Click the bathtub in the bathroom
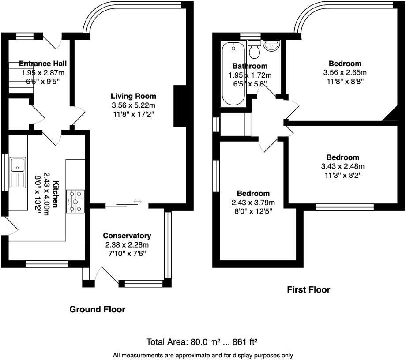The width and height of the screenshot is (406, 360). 233,74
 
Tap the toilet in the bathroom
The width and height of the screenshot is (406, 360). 254,49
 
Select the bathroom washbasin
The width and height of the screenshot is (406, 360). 271,46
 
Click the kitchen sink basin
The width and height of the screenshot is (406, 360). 18,165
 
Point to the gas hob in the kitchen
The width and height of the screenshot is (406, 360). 75,201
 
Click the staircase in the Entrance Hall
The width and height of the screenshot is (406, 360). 21,78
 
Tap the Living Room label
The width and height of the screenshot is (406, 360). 133,96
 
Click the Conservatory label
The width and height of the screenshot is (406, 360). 127,236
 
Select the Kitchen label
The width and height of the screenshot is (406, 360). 55,194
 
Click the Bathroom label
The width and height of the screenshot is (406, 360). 250,66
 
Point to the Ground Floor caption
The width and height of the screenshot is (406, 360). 98,309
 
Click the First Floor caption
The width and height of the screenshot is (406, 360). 308,289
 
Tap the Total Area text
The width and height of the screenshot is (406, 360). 202,342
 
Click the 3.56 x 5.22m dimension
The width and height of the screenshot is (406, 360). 134,105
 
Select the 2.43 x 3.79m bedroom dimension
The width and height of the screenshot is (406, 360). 253,202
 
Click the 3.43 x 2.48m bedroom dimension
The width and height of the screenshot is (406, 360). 343,166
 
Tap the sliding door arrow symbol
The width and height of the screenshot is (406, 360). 138,201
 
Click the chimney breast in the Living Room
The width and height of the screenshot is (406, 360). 180,106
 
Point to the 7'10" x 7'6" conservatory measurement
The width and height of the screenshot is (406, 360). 127,254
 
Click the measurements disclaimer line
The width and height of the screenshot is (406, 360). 203,355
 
